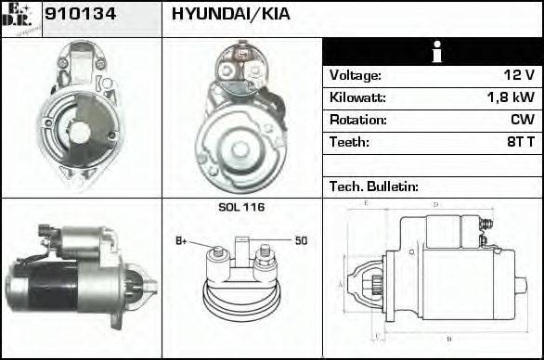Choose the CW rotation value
pos(522,121)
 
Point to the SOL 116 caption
pos(241,207)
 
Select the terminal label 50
pos(301,241)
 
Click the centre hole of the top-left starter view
pos(80,132)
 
